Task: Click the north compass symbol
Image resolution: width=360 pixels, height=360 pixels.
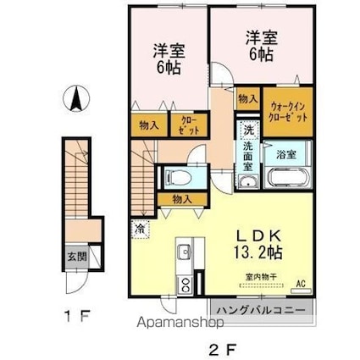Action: tap(76, 98)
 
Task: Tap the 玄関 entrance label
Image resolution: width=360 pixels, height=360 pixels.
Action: tap(77, 257)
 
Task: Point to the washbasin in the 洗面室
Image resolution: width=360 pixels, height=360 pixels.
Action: tap(248, 181)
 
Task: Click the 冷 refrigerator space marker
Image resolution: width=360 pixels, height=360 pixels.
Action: tap(141, 229)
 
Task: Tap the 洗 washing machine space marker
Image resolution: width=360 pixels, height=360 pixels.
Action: tap(248, 130)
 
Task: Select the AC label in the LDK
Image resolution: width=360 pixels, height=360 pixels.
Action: tap(301, 284)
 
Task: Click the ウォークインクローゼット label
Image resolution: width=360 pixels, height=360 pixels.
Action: tap(288, 112)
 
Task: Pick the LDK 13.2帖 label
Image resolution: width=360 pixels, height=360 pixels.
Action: tap(258, 244)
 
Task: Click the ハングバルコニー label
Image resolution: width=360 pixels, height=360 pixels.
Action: tap(261, 310)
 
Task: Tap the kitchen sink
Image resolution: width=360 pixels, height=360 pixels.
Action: tap(185, 251)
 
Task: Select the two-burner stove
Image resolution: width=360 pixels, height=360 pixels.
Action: tap(186, 285)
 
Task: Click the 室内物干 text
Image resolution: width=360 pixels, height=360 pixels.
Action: tap(261, 277)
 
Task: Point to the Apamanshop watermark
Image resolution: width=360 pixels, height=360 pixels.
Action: tap(180, 322)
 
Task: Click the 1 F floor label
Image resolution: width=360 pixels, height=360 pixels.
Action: tap(76, 316)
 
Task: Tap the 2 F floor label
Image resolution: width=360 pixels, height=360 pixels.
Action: tap(223, 349)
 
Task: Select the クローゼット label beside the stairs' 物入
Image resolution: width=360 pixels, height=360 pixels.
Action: tap(190, 125)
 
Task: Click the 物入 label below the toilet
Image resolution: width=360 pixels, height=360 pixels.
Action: tap(183, 200)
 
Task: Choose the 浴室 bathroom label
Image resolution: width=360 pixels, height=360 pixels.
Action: tap(286, 154)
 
